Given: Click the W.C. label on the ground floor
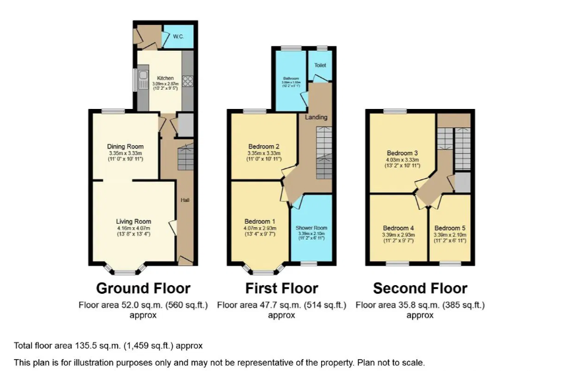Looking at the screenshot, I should [x=178, y=36].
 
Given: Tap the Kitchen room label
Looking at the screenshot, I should [x=165, y=78].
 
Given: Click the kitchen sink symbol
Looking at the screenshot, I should [x=143, y=81].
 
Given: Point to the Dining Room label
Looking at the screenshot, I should [x=125, y=147].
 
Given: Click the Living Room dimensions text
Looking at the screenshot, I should [x=134, y=231].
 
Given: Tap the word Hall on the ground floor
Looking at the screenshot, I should [x=185, y=199].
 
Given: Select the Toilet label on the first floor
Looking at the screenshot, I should [x=320, y=65].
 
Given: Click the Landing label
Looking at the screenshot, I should [x=316, y=118].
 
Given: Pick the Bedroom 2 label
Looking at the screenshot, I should [x=264, y=147].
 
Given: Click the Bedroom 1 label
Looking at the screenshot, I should [x=260, y=221].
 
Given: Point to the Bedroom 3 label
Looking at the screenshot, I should [x=402, y=152].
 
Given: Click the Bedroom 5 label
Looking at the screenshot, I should [x=450, y=228].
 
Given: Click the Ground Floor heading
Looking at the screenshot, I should [x=143, y=288].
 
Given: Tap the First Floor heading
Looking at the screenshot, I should [x=282, y=288].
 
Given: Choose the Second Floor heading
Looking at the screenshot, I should [x=420, y=288].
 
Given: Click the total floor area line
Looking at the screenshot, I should [x=108, y=346].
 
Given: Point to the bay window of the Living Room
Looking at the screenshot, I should [x=123, y=270].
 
